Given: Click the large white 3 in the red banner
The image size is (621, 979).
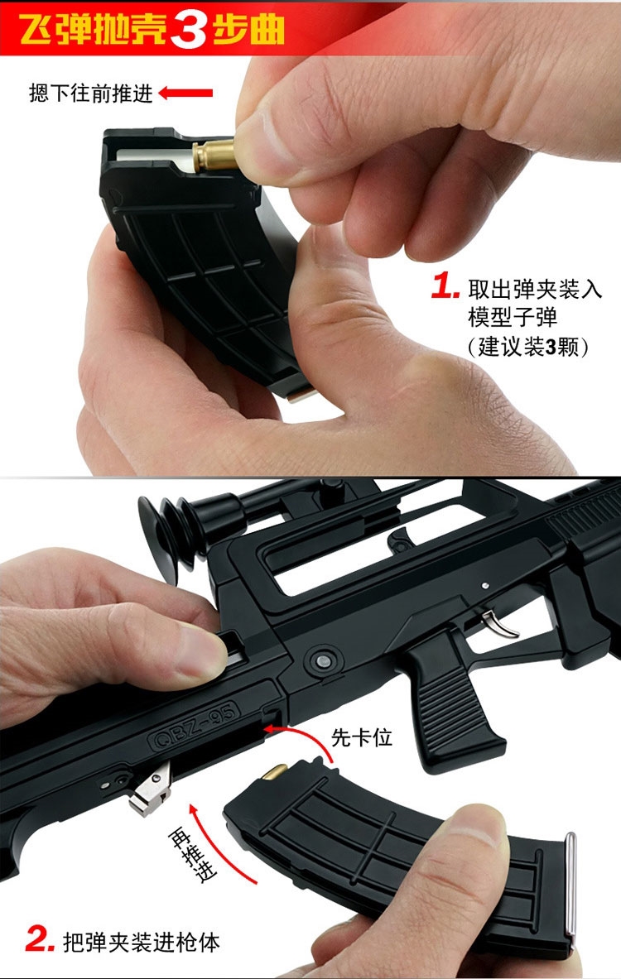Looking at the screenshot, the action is (x=188, y=29).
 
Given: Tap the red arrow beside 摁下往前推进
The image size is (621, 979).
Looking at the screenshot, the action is (x=185, y=94).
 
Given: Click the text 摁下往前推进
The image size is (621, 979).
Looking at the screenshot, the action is (x=90, y=94).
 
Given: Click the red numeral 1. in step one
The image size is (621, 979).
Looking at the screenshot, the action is (x=445, y=286).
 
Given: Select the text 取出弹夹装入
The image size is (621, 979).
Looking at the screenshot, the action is (x=535, y=289).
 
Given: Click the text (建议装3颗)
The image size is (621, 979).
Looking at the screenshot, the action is (x=528, y=347).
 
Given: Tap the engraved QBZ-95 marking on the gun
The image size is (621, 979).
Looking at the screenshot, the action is (x=194, y=725).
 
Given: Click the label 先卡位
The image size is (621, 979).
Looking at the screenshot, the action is (x=361, y=737).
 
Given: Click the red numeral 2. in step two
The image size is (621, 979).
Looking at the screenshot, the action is (x=40, y=939).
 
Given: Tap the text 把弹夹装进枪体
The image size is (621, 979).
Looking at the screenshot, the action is (x=142, y=942).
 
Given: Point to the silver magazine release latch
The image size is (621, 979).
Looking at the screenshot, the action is (x=151, y=790).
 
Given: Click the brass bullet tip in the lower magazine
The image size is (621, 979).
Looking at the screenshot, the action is (x=274, y=772).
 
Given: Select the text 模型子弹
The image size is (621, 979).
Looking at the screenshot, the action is (x=513, y=318).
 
